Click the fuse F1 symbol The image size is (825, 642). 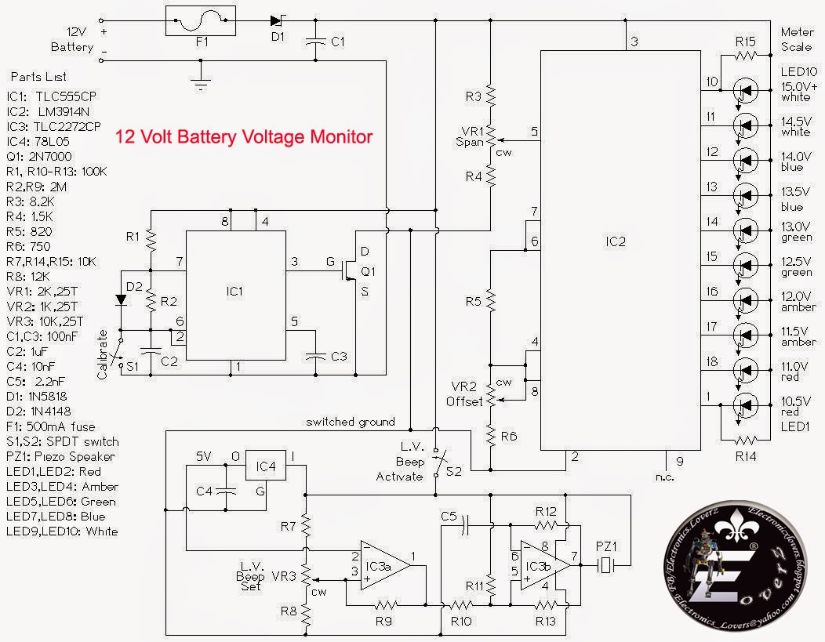(202, 20)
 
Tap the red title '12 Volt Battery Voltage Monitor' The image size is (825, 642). (244, 136)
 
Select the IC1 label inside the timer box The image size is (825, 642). (234, 291)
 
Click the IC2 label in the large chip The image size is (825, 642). (617, 241)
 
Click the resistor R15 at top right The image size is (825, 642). (745, 56)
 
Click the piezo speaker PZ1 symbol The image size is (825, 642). (606, 564)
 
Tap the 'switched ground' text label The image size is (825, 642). (351, 422)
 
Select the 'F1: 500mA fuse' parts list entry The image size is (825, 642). (50, 426)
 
